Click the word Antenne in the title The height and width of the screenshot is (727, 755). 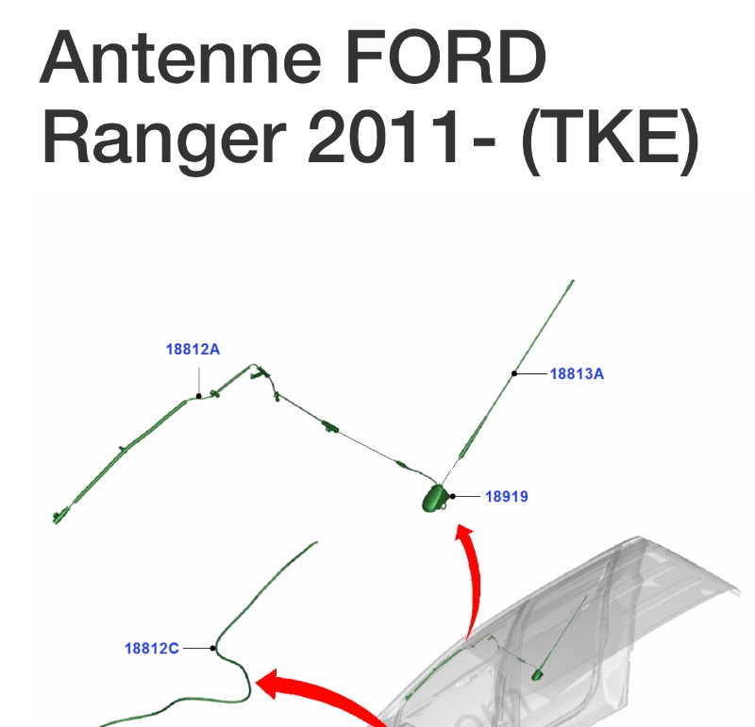[180, 57]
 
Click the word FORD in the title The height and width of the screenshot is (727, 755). [445, 57]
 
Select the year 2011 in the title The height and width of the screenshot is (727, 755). [384, 136]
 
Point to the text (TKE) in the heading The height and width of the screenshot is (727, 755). [610, 140]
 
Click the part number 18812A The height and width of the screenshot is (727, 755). [193, 349]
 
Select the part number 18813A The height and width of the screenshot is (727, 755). [577, 373]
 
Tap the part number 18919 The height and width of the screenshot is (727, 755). [507, 496]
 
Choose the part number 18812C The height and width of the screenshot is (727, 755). [152, 649]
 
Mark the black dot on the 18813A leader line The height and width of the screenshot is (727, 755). [514, 373]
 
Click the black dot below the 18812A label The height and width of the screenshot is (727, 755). [199, 396]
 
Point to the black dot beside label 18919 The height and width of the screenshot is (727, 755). [453, 496]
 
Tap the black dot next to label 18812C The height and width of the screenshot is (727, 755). [213, 648]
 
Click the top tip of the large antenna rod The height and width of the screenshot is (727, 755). [573, 280]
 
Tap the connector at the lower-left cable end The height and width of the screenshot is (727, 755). [59, 517]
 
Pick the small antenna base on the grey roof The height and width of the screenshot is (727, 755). [537, 675]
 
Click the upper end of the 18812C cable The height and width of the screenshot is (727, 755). [316, 542]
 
